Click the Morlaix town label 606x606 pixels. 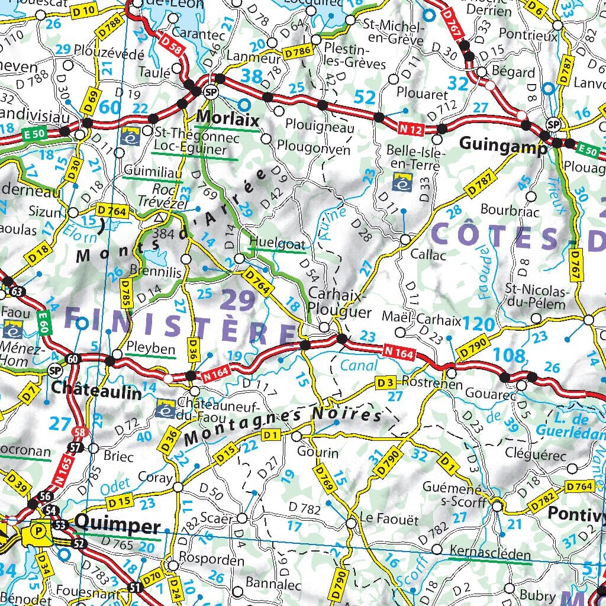click(227, 119)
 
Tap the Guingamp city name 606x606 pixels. click(503, 146)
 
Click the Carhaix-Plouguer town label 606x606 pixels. click(340, 302)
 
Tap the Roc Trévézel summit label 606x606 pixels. click(169, 196)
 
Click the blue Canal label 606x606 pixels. click(359, 366)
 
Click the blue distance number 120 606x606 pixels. click(479, 324)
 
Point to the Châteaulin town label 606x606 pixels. click(96, 391)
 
